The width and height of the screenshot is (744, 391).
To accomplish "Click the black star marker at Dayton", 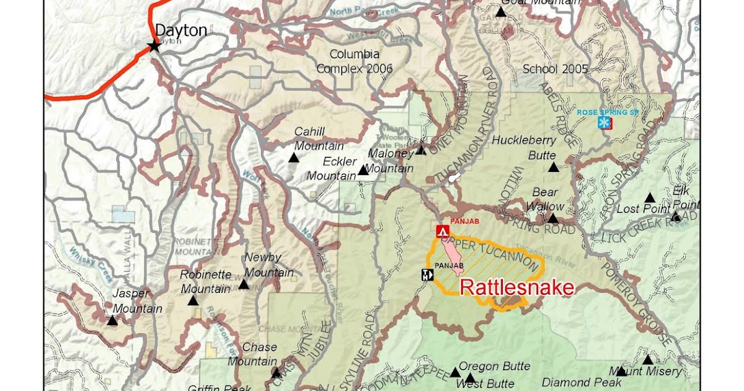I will pos(154,46).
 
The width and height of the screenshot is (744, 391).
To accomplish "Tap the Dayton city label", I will pos(180,30).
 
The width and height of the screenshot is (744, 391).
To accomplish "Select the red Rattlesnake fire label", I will pos(516,287).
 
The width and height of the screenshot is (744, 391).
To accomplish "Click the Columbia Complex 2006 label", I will pos(355,61).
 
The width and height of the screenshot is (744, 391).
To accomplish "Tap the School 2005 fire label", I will pos(555,69).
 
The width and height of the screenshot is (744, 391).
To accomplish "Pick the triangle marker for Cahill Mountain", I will pos(293,158).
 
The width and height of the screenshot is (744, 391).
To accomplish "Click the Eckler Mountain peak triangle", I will pos(363,170).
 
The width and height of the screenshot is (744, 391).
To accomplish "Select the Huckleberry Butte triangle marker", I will pos(553,167).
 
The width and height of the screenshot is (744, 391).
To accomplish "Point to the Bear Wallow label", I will pos(546,199).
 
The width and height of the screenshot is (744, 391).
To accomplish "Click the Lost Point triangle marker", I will pos(649,198).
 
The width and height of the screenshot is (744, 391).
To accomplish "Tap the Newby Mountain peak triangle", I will pos(244,284).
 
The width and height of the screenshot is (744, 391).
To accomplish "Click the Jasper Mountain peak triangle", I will pos(112,320).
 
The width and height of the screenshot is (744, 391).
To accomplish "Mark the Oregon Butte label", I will pos(494,366).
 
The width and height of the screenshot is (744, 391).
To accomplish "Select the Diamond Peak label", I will pos(573,382).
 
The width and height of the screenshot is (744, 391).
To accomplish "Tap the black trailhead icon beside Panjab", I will pos(426,275).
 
